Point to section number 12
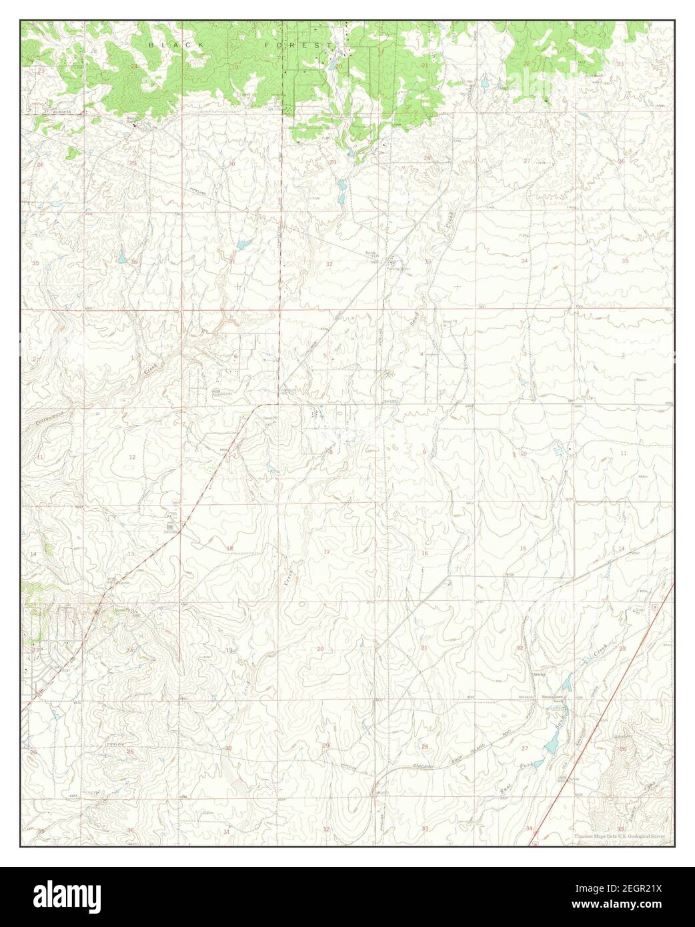(x=132, y=457)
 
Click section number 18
(x=230, y=548)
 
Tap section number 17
(x=327, y=552)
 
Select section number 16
(x=424, y=554)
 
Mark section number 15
(x=523, y=548)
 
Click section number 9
(x=424, y=453)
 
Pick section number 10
(x=523, y=453)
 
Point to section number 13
(x=131, y=554)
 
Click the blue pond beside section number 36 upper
(x=122, y=255)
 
